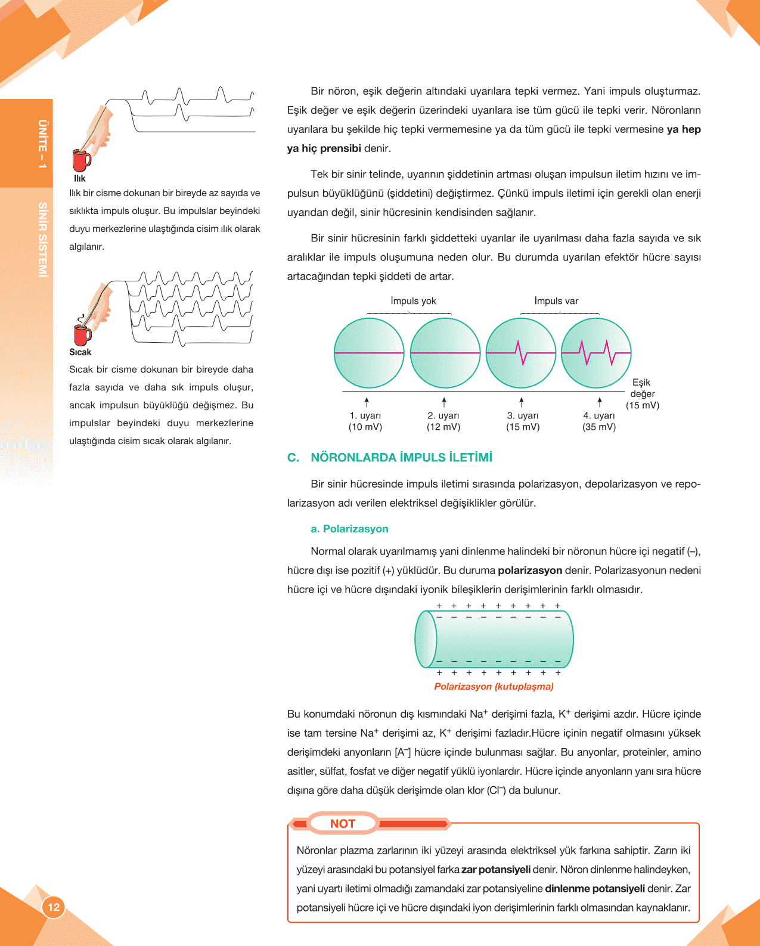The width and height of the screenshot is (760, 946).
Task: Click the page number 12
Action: [54, 907]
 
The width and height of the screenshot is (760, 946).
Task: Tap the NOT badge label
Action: [343, 824]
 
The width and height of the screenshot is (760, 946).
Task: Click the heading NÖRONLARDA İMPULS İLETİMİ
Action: [401, 458]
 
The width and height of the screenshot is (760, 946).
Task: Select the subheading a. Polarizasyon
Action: [349, 529]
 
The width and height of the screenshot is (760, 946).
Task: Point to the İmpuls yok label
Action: [413, 301]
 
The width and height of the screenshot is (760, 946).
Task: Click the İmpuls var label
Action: [556, 301]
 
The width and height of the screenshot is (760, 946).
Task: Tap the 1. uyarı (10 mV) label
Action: [365, 421]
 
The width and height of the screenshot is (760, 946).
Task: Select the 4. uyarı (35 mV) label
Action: [599, 421]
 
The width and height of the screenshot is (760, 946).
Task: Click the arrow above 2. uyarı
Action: [444, 402]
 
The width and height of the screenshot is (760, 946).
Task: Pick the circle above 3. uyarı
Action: [521, 353]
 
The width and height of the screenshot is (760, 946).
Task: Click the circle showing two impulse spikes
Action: [596, 353]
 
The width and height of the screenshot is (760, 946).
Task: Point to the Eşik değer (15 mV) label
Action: [642, 393]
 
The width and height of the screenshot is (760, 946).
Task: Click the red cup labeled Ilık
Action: [80, 160]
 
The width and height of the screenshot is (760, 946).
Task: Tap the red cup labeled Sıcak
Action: [81, 334]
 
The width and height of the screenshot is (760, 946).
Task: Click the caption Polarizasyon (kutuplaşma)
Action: [494, 687]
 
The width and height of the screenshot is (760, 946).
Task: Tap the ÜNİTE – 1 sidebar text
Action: [42, 144]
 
